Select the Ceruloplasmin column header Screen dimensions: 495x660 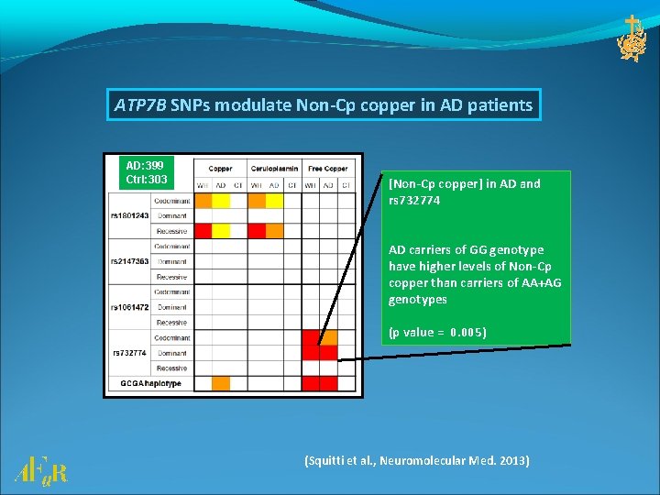click(x=274, y=169)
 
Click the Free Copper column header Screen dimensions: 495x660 click(x=327, y=169)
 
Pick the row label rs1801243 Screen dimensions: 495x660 click(x=128, y=215)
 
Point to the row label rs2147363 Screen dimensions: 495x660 click(x=128, y=261)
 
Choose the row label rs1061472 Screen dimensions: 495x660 click(x=128, y=307)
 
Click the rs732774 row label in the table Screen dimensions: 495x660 click(x=129, y=353)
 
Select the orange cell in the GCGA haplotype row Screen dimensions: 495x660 click(x=221, y=383)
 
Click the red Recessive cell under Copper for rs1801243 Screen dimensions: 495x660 click(x=203, y=230)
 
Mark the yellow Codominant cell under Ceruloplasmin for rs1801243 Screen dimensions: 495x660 click(x=274, y=200)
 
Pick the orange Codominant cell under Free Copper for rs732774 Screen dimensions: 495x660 click(x=328, y=337)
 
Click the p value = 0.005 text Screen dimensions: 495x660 click(x=437, y=332)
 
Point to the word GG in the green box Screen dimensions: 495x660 click(x=474, y=250)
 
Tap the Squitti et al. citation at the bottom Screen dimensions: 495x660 click(x=416, y=460)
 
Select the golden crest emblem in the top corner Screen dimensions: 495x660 click(x=632, y=38)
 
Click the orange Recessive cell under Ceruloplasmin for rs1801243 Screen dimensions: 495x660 click(x=274, y=230)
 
